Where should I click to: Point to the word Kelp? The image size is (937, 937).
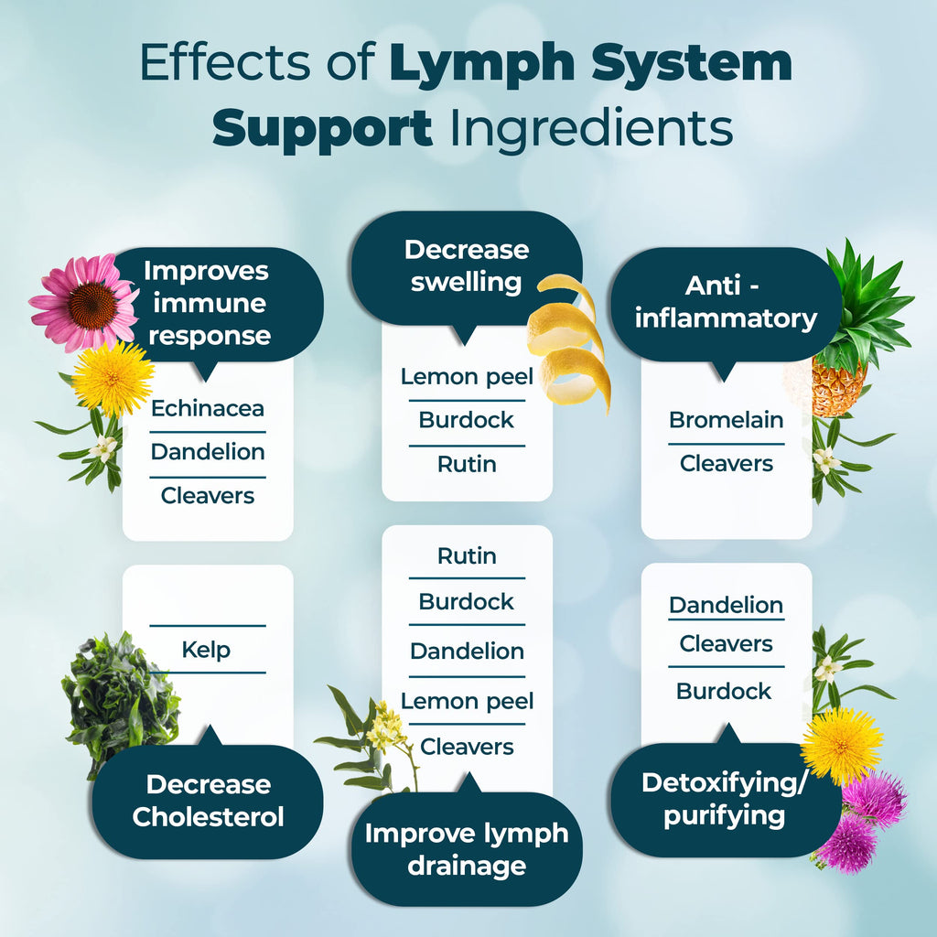206,651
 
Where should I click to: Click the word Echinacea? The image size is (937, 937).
208,408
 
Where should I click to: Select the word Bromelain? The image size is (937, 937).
726,420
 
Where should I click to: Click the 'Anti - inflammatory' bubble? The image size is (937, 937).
726,303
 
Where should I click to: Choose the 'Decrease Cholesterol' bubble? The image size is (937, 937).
207,801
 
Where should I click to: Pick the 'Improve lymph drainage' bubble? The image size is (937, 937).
467,848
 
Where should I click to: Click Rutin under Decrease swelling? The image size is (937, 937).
467,464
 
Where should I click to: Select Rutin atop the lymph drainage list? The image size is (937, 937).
467,555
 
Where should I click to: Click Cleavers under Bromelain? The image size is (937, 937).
726,463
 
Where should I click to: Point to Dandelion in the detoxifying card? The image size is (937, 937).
726,605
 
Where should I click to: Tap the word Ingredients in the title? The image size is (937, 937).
591,131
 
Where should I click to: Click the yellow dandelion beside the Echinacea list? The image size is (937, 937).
113,379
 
